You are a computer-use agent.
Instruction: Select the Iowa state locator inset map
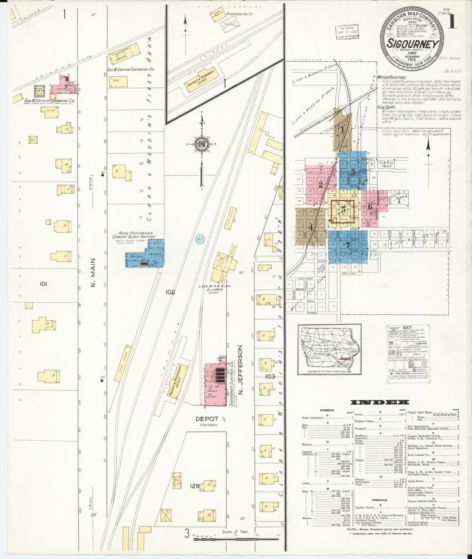(329, 349)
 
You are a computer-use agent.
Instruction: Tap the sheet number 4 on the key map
(310, 227)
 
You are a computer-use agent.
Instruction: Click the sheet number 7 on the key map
(348, 245)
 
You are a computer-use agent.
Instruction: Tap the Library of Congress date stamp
(347, 33)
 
